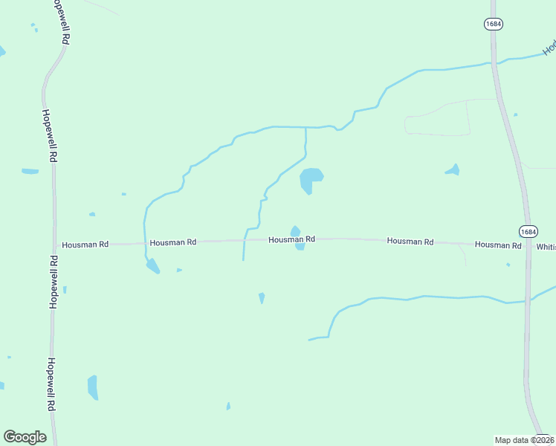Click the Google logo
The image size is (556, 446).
tap(25, 437)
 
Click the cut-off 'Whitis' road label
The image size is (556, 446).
tap(546, 246)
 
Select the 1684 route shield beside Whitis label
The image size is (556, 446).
tap(527, 231)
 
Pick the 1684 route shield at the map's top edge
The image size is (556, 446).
tap(494, 24)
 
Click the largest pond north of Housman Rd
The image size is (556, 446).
tap(310, 179)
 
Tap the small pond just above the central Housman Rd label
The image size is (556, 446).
tap(295, 230)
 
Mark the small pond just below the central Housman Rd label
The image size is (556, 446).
tap(300, 247)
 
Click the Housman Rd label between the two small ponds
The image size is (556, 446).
tap(291, 239)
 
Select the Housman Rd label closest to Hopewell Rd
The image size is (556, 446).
tap(85, 244)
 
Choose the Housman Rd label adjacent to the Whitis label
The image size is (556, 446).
tap(498, 245)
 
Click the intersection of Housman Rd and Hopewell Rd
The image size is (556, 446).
tap(54, 244)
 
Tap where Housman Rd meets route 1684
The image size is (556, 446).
tap(527, 245)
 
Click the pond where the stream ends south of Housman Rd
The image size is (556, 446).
tap(152, 265)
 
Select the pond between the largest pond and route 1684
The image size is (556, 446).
tap(453, 170)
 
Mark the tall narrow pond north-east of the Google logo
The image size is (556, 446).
tap(92, 387)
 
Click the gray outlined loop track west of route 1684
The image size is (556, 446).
tap(439, 117)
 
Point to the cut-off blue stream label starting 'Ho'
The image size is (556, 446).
tap(549, 48)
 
